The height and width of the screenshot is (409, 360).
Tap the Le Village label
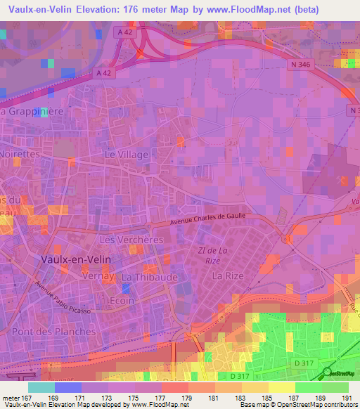tap(127, 154)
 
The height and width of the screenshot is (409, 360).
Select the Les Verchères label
tap(131, 240)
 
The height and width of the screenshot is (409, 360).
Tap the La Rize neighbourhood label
tap(228, 275)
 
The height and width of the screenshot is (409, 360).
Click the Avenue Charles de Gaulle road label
tap(208, 219)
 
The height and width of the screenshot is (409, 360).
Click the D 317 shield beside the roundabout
tap(303, 362)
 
